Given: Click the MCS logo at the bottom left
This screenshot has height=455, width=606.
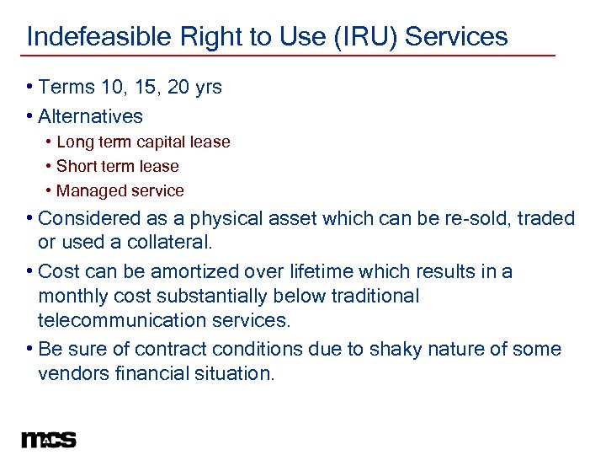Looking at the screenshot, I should pos(49,439).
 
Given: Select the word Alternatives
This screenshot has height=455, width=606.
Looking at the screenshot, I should pos(91,116).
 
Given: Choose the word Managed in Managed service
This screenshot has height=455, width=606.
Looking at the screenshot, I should pos(88,191).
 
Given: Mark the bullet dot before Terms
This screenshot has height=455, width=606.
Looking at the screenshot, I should pos(30,88).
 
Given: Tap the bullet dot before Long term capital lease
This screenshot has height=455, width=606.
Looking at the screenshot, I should pos(49,142).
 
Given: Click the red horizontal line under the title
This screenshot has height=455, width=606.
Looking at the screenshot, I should pos(290,56).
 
